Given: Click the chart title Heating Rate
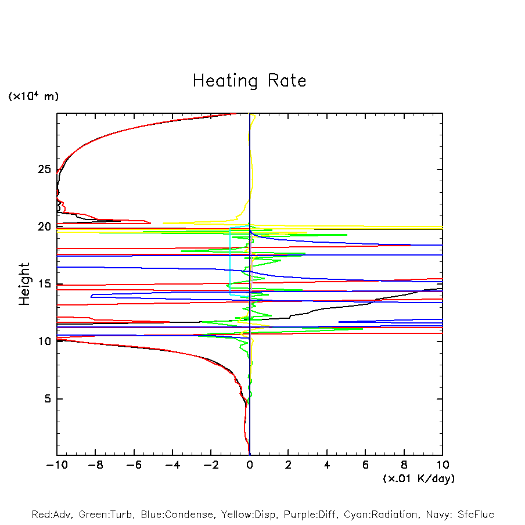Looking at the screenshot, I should point(249,81).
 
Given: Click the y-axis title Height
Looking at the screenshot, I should point(24,284).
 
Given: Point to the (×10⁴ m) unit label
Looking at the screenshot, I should point(33,96).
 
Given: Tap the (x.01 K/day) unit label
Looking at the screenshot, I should point(418,479).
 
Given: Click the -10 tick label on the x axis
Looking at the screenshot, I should point(56,465).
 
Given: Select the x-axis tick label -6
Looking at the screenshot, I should point(134,465).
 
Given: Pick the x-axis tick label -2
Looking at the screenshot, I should point(211,465).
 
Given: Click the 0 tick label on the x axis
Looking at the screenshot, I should point(250,465).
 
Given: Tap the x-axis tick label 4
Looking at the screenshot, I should point(327,465).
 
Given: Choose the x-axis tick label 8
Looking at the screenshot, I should point(404,465).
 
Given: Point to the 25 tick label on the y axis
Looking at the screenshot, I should point(46,170).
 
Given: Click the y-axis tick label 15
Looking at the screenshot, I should point(46,284).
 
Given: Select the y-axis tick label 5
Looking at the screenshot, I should point(49,399).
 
